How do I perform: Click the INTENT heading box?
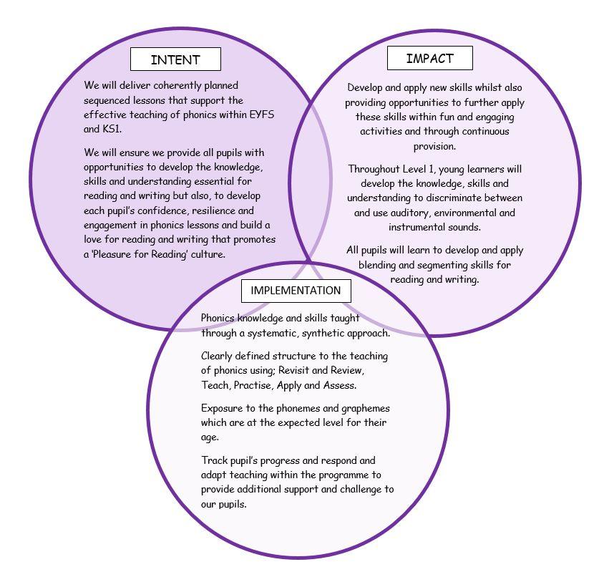tap(175, 59)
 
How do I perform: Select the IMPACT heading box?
tap(430, 58)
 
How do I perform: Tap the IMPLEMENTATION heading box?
tap(296, 291)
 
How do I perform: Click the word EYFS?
tap(262, 115)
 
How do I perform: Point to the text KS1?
tap(112, 129)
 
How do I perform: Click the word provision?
tap(434, 147)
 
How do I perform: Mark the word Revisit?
tap(294, 370)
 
